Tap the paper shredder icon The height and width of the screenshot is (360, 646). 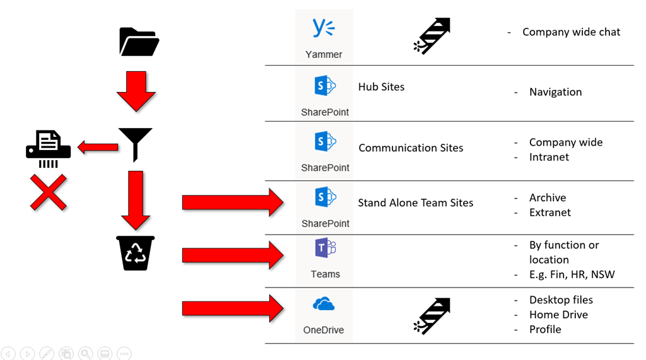tap(48, 148)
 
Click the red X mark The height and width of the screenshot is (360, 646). tap(49, 192)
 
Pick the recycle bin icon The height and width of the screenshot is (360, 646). tap(136, 253)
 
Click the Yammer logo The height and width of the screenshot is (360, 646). tap(324, 28)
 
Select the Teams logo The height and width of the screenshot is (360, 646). tap(326, 248)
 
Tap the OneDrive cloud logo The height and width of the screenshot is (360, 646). tap(324, 305)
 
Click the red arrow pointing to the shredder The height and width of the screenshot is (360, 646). tap(98, 148)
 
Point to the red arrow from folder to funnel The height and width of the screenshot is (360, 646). tap(136, 91)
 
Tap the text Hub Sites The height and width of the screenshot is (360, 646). tap(381, 87)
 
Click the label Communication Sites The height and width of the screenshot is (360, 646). tap(411, 148)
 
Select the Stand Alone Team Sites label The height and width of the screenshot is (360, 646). tap(415, 203)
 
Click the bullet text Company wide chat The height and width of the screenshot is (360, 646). tap(571, 32)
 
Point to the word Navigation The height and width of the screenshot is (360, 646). tap(555, 92)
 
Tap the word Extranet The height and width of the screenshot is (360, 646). tap(549, 212)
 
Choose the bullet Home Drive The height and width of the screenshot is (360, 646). tap(558, 315)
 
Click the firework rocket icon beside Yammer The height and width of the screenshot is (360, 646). tap(433, 35)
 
